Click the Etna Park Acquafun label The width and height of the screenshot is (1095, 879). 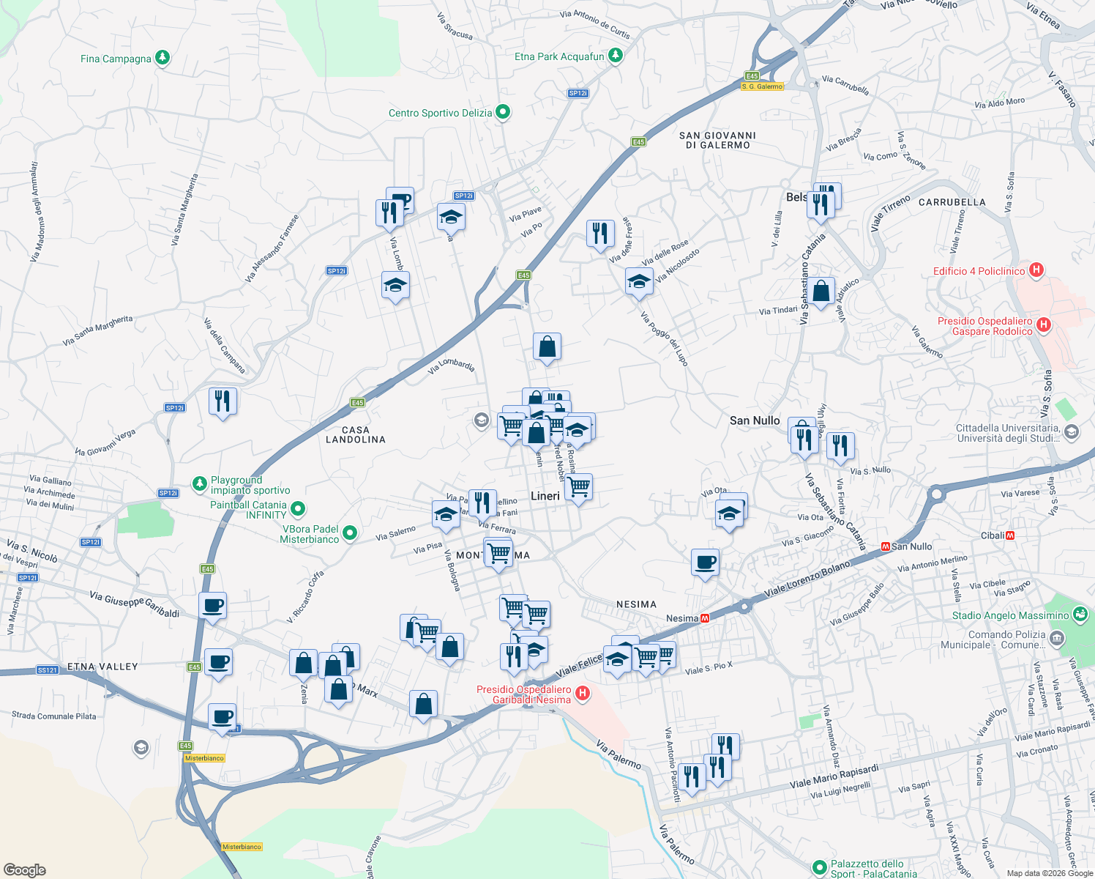559,56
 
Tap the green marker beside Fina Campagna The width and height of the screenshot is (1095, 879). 162,58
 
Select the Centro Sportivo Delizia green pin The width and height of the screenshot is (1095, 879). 503,112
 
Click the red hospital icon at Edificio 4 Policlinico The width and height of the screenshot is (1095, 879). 1036,270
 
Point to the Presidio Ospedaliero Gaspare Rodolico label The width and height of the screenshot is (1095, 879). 984,326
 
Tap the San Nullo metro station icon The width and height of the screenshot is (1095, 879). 885,546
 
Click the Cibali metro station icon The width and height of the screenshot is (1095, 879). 1010,535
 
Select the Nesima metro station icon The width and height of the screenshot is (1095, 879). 705,618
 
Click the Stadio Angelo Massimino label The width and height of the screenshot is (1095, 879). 1010,615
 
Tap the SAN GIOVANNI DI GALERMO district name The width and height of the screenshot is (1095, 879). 717,140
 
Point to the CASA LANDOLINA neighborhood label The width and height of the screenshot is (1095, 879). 355,434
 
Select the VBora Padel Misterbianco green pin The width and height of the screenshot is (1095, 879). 350,533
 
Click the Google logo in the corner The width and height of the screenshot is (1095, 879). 24,869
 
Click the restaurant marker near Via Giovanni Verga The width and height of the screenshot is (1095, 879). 223,401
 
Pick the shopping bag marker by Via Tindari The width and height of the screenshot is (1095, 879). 821,292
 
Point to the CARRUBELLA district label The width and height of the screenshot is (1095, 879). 952,202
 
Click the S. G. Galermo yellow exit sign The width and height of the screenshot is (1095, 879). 762,86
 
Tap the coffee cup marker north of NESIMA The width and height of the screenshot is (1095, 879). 705,563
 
